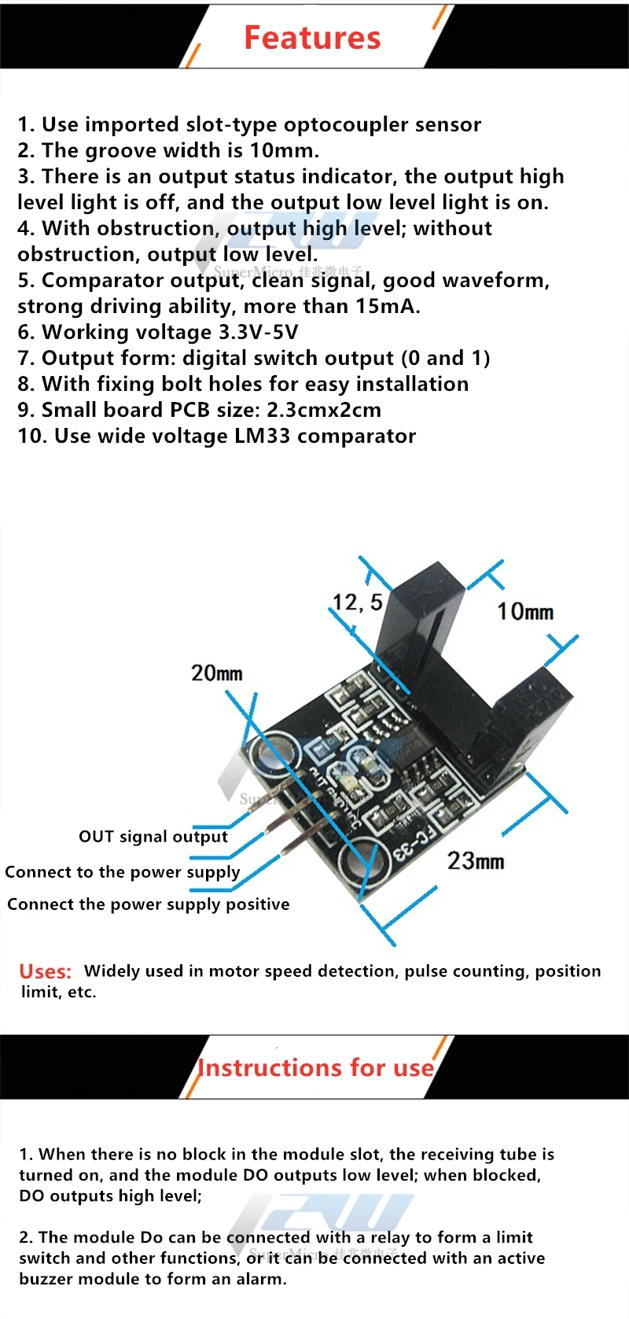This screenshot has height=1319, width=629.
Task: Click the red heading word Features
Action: (x=312, y=38)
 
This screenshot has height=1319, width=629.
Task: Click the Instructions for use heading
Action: (x=315, y=1067)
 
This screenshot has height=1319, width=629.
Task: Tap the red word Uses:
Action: (x=45, y=971)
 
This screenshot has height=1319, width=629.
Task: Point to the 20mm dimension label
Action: (x=216, y=673)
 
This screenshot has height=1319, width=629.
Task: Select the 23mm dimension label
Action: (x=476, y=861)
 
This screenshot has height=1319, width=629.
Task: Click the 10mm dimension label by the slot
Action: (x=524, y=611)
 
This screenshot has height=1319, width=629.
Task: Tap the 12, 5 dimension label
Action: (x=357, y=602)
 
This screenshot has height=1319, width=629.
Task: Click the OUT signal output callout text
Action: (x=153, y=836)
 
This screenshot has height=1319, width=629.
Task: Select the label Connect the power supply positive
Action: (x=148, y=905)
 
